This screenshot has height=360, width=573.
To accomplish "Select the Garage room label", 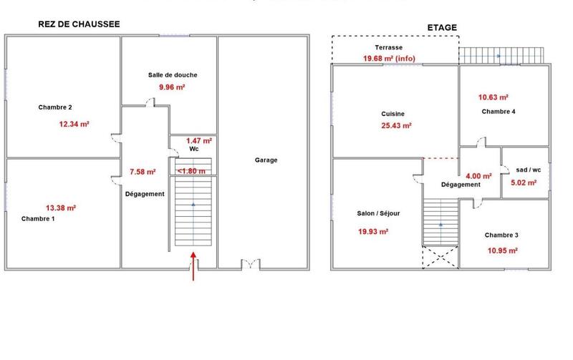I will click(266, 160).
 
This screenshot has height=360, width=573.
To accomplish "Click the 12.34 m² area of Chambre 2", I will click(74, 124).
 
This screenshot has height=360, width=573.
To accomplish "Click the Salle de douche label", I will click(173, 75).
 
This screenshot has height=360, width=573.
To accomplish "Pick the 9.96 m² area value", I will click(172, 87).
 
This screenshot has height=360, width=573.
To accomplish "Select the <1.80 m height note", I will click(192, 171).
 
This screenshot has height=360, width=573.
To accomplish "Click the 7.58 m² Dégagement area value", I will click(143, 172).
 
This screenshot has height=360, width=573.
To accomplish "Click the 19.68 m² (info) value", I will click(389, 59).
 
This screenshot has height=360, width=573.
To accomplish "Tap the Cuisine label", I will click(393, 114).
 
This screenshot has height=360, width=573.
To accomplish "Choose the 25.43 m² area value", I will click(396, 126).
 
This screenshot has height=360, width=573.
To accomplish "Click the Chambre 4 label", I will click(499, 112).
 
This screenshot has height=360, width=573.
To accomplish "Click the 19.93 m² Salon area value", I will click(373, 231).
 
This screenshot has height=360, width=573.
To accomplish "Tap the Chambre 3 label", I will click(501, 235).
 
